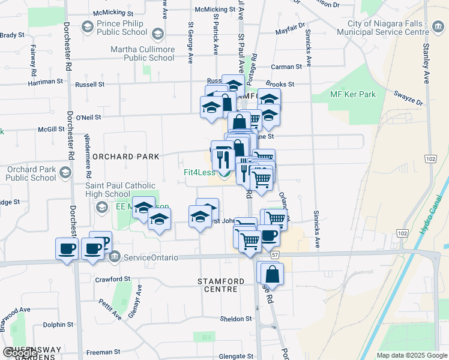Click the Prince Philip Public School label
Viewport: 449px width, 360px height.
pyautogui.click(x=121, y=28)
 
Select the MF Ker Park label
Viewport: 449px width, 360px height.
pyautogui.click(x=352, y=94)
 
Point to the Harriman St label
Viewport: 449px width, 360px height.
pyautogui.click(x=44, y=81)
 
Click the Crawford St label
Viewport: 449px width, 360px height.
pyautogui.click(x=112, y=279)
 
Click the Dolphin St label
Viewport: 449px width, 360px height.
pyautogui.click(x=58, y=325)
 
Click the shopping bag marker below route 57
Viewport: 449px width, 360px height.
pyautogui.click(x=272, y=274)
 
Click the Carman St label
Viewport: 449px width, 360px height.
pyautogui.click(x=285, y=67)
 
